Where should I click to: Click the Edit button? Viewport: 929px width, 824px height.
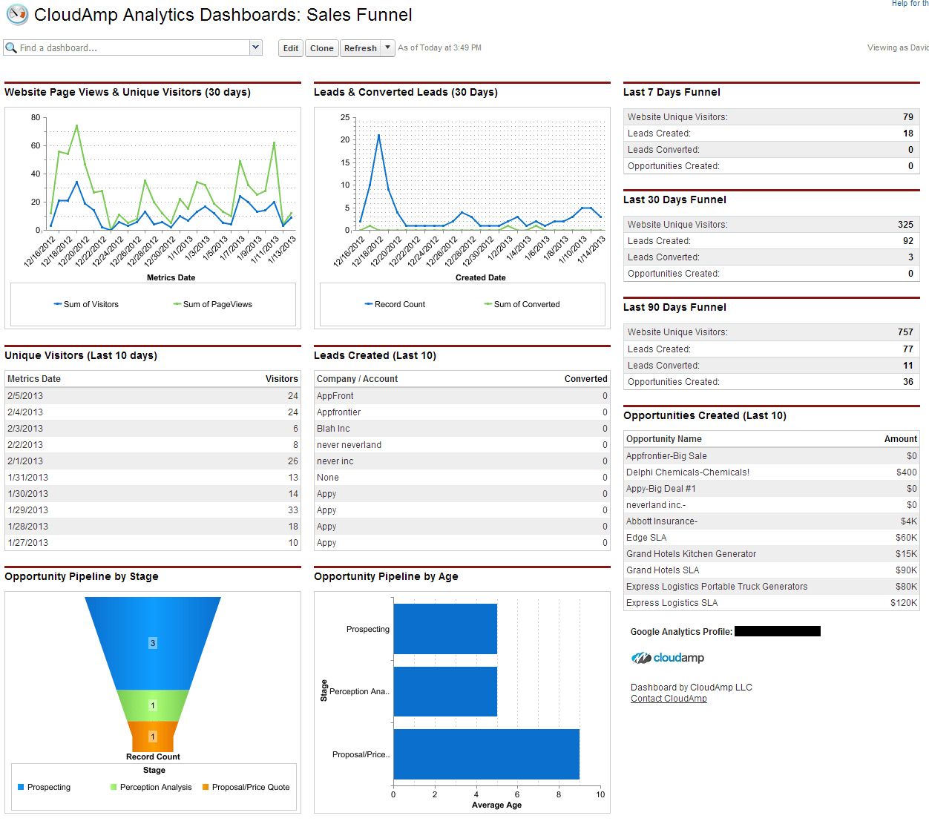point(290,48)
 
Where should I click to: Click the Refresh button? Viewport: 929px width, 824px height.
point(361,48)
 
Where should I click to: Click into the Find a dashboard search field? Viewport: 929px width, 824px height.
point(126,48)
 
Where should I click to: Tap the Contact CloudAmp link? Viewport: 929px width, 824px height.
point(669,699)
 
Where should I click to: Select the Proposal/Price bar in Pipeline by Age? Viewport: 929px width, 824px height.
point(486,754)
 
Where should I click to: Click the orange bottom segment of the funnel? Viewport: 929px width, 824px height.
point(153,736)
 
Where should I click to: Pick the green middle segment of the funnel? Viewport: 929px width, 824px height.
point(153,705)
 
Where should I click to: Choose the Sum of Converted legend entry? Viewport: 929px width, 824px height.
point(526,304)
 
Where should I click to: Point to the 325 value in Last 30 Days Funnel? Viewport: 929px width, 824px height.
point(905,225)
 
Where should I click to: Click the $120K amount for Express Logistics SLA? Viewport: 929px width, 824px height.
point(904,603)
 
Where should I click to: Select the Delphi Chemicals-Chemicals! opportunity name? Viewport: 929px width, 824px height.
point(688,472)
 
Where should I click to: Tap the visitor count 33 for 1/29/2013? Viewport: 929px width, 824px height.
point(293,510)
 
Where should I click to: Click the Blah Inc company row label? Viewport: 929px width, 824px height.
point(333,429)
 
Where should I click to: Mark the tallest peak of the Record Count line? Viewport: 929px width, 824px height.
point(378,136)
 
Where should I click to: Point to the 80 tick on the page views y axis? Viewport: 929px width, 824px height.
point(36,117)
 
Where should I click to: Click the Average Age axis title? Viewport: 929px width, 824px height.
point(496,805)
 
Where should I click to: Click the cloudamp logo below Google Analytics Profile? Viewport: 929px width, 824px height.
point(668,658)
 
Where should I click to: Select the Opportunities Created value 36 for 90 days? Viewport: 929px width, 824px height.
point(907,382)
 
